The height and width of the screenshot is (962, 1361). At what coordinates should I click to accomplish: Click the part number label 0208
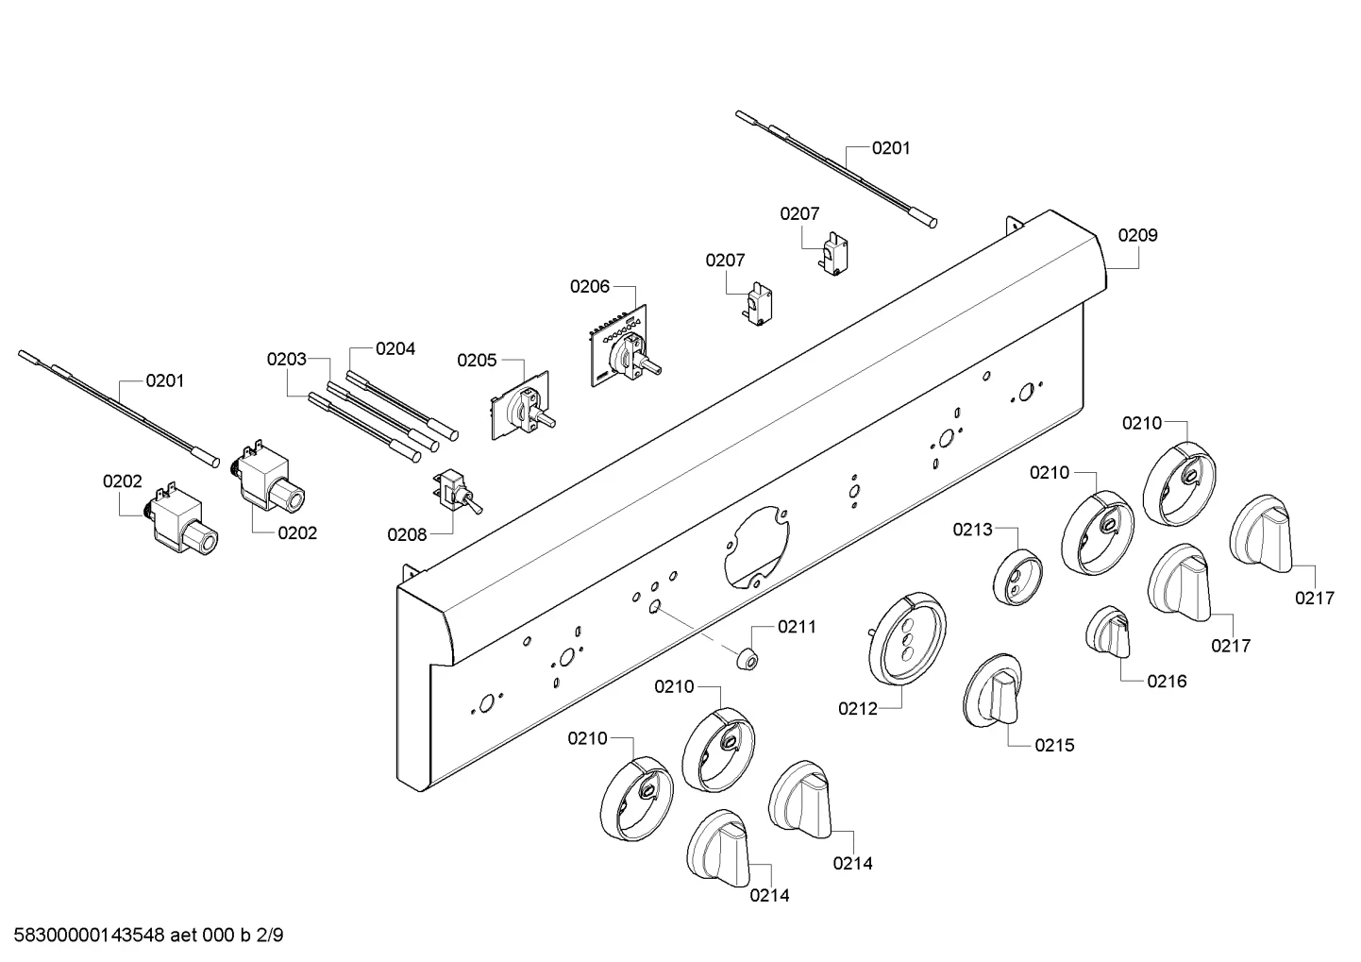pos(407,534)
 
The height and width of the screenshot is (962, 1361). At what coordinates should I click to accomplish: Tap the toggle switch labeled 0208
pos(457,492)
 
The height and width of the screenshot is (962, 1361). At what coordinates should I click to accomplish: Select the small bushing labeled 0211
pos(748,659)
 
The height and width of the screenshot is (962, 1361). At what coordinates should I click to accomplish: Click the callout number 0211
pos(797,627)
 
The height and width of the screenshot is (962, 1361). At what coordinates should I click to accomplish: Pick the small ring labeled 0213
pos(1017,578)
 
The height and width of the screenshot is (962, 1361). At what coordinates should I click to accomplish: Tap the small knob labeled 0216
pos(1108,632)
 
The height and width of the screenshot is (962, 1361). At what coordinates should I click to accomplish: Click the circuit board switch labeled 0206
pos(624,350)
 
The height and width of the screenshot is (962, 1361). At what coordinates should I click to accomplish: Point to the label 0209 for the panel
pos(1137,235)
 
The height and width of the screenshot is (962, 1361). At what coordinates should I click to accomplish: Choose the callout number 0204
pos(395,348)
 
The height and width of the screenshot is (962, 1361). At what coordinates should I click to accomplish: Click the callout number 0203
pos(286,359)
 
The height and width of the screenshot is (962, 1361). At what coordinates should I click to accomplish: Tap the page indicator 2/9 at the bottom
pos(270,935)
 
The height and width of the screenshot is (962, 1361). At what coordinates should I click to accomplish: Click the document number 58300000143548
pos(90,935)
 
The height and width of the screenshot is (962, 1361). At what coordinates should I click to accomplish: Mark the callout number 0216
pos(1167,682)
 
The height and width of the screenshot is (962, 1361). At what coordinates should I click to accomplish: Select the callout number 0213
pos(972,530)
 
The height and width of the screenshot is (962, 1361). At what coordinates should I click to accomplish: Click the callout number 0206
pos(589,286)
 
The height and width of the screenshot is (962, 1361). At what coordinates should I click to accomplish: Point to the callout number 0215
pos(1055,745)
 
